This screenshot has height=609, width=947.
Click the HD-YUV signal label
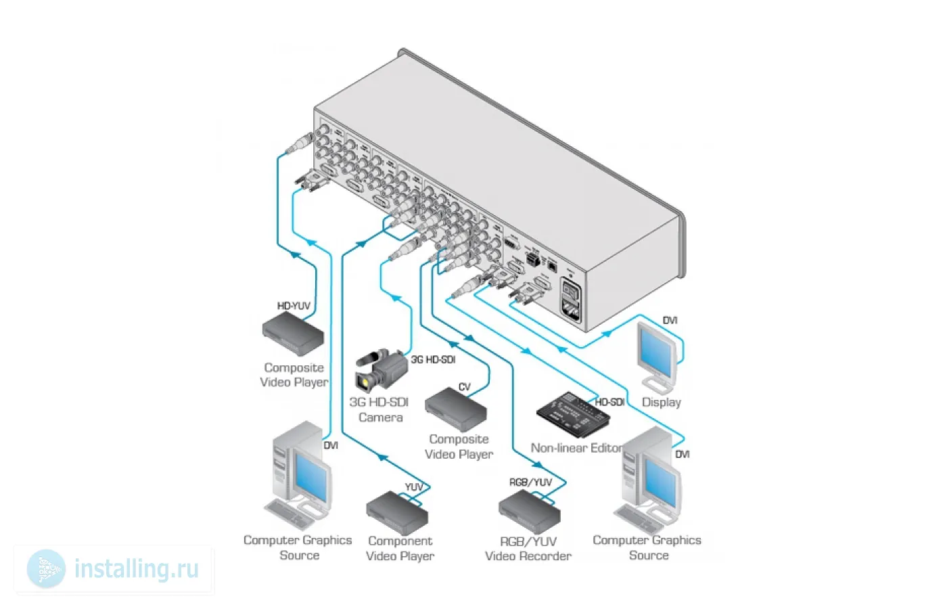(x=294, y=306)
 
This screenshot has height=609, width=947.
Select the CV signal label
(x=464, y=387)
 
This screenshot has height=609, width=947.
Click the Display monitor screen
(x=656, y=351)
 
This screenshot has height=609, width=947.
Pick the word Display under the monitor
(x=661, y=402)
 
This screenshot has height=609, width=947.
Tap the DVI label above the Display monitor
(x=670, y=320)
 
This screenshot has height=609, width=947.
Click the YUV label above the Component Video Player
(x=414, y=487)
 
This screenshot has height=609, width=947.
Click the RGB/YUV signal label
(x=530, y=482)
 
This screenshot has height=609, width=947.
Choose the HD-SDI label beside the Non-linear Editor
(x=609, y=402)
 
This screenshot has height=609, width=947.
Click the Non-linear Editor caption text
(x=576, y=448)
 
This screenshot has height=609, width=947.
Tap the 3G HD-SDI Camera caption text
(x=379, y=409)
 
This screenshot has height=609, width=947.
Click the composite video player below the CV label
(x=456, y=409)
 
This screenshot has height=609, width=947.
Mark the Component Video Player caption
(x=400, y=548)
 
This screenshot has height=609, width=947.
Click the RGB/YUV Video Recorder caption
(x=528, y=548)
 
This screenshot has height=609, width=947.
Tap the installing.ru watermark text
(x=136, y=569)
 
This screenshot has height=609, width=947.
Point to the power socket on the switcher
(x=570, y=301)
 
